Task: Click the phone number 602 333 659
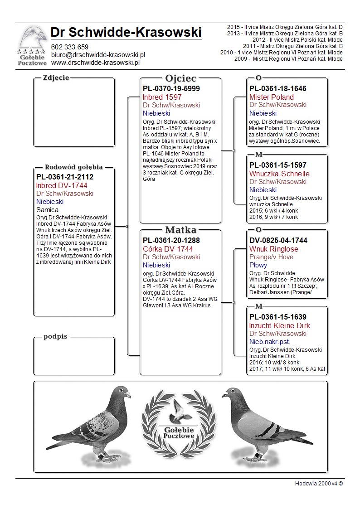coord(69,47)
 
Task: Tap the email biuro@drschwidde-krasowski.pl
coord(97,55)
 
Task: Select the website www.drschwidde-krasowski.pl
coord(95,63)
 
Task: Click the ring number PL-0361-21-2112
coord(65,177)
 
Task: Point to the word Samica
coord(47,210)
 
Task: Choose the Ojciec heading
coord(180,78)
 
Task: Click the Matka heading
coord(180,230)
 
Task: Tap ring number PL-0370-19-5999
coord(171,88)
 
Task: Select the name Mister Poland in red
coord(272,97)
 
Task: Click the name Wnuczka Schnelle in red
coord(279,174)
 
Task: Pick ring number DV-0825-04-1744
coord(278,241)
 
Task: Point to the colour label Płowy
coord(258,265)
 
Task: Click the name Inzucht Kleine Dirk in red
coord(280,325)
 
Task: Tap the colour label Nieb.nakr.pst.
coord(270,342)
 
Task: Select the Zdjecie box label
coord(56,78)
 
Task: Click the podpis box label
coord(55,337)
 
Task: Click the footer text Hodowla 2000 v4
coord(318,483)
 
